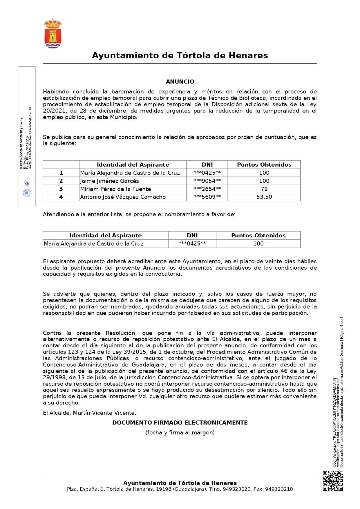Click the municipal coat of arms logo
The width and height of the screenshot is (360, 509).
pos(53,33)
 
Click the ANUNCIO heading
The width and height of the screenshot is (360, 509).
pos(180,82)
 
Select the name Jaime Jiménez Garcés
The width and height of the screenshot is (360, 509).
pos(109,181)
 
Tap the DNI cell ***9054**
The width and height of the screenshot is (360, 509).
pos(207,181)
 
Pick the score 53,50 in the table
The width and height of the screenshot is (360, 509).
pos(264,197)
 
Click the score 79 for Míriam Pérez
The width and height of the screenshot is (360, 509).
pos(264,189)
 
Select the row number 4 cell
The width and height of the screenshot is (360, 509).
pos(61,197)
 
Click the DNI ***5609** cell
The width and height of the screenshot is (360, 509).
pos(207,197)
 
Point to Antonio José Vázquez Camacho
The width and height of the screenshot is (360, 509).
pos(123,197)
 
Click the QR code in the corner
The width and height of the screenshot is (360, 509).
pos(333,481)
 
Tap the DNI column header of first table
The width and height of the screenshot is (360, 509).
pos(207,165)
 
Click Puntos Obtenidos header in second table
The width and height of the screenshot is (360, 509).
pos(258,236)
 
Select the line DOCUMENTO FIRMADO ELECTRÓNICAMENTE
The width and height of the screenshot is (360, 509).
pos(180,423)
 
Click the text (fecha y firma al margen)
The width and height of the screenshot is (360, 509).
pos(180,433)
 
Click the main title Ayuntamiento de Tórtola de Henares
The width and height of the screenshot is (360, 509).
pos(180,55)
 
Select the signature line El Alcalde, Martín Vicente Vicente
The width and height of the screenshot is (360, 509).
pos(89,413)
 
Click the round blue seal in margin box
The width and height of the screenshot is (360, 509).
pos(27,193)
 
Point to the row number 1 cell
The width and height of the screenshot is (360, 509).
pos(61,173)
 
